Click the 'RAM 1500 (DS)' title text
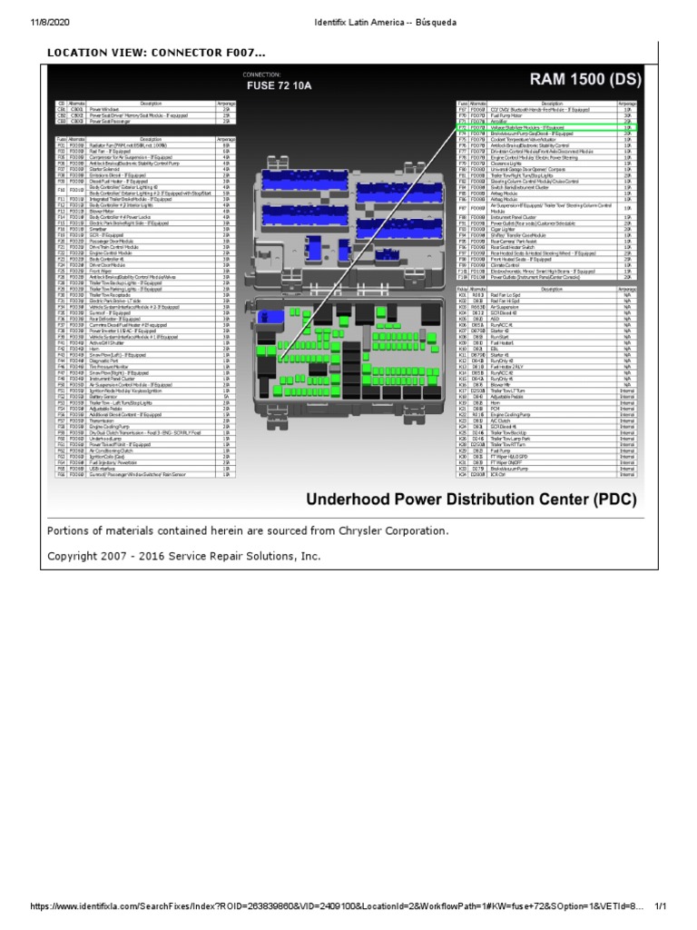574,80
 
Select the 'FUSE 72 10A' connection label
280,86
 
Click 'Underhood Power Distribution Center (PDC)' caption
471,500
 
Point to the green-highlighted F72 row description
527,128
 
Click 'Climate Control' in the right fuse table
505,265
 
